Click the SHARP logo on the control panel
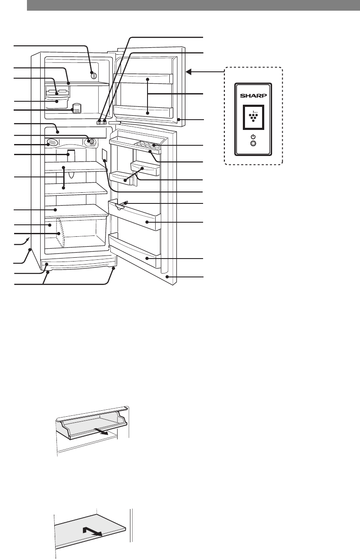pyautogui.click(x=253, y=95)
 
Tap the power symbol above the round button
pyautogui.click(x=253, y=137)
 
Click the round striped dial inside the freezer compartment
pyautogui.click(x=93, y=76)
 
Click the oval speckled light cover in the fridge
pyautogui.click(x=52, y=143)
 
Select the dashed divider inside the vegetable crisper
pyautogui.click(x=60, y=233)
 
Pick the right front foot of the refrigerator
pyautogui.click(x=113, y=268)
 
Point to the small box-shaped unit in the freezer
pyautogui.click(x=77, y=108)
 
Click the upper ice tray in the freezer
pyautogui.click(x=57, y=92)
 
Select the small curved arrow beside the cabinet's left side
pyautogui.click(x=26, y=241)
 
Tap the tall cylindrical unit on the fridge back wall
pyautogui.click(x=71, y=156)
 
